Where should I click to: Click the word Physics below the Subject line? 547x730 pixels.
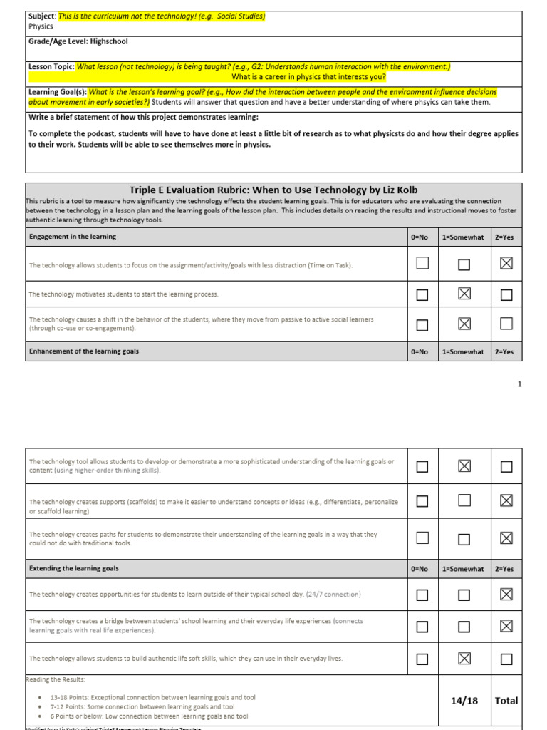click(x=41, y=26)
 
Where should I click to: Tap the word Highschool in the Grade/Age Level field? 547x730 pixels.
click(x=95, y=41)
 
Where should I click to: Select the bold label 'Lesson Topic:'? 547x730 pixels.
click(x=51, y=66)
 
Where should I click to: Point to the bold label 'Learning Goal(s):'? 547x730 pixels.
click(x=57, y=93)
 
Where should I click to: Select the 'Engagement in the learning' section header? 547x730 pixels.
click(x=72, y=237)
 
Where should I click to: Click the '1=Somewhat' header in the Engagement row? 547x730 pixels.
click(x=464, y=237)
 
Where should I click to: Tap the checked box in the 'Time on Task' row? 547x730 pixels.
click(x=506, y=264)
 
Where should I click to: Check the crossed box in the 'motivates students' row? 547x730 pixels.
click(x=464, y=294)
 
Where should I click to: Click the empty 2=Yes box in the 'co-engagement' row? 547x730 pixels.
click(x=506, y=324)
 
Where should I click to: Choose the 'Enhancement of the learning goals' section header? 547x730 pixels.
click(x=83, y=351)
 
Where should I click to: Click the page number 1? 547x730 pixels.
click(x=519, y=384)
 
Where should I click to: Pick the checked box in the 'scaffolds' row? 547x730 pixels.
click(x=506, y=500)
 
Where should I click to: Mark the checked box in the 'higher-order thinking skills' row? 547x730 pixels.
click(x=464, y=466)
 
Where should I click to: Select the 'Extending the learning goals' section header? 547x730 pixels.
click(x=73, y=569)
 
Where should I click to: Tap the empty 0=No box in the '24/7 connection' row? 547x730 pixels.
click(x=422, y=595)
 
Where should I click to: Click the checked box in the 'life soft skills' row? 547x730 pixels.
click(x=464, y=658)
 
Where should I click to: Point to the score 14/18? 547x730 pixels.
click(x=464, y=701)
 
